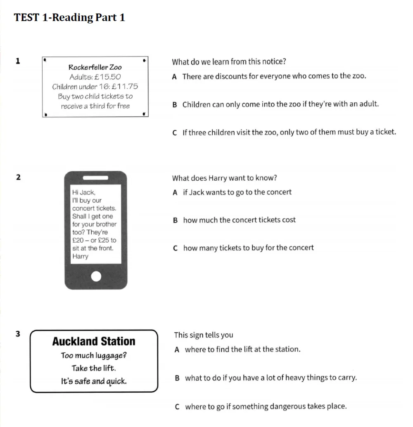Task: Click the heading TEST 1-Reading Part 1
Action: coord(69,17)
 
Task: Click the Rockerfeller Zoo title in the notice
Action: coord(95,67)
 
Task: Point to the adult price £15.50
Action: coord(107,77)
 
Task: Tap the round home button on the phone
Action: coord(96,276)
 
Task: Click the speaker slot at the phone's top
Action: coord(95,178)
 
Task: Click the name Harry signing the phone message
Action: coord(81,256)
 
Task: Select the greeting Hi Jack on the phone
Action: coord(84,192)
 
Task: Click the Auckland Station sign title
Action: coord(94,341)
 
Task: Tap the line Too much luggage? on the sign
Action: coord(94,355)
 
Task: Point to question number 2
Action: coord(18,177)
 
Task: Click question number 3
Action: coord(18,334)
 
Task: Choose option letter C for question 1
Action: coord(175,133)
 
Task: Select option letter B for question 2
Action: coord(175,220)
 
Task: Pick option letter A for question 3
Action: coord(177,350)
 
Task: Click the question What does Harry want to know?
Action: coord(224,178)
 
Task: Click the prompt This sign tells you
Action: coord(204,335)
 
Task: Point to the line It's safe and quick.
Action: coord(94,381)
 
